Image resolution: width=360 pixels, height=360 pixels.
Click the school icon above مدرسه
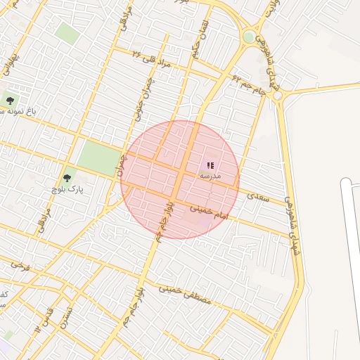[210, 165]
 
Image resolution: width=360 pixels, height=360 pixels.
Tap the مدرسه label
[210, 176]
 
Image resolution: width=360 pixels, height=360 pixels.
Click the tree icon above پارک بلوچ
[67, 179]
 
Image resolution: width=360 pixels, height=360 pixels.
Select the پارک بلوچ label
[66, 190]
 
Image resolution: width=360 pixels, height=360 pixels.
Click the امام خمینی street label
[210, 215]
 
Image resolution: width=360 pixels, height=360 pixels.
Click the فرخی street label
[21, 265]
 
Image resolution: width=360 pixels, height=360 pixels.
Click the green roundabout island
[249, 37]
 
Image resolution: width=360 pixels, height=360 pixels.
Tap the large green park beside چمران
[98, 158]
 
